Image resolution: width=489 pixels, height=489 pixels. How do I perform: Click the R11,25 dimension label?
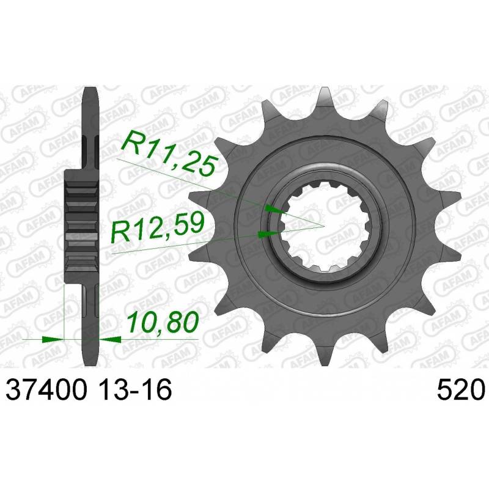(x=169, y=154)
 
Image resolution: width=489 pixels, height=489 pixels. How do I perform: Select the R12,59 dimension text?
(x=158, y=227)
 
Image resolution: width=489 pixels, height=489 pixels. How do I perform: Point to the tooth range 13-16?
(x=133, y=389)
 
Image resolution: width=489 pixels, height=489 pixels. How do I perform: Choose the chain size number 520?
(x=460, y=389)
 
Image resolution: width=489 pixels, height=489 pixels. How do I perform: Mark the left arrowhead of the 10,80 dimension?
(x=53, y=339)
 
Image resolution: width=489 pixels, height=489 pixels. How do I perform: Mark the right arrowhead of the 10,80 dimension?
(x=110, y=339)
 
